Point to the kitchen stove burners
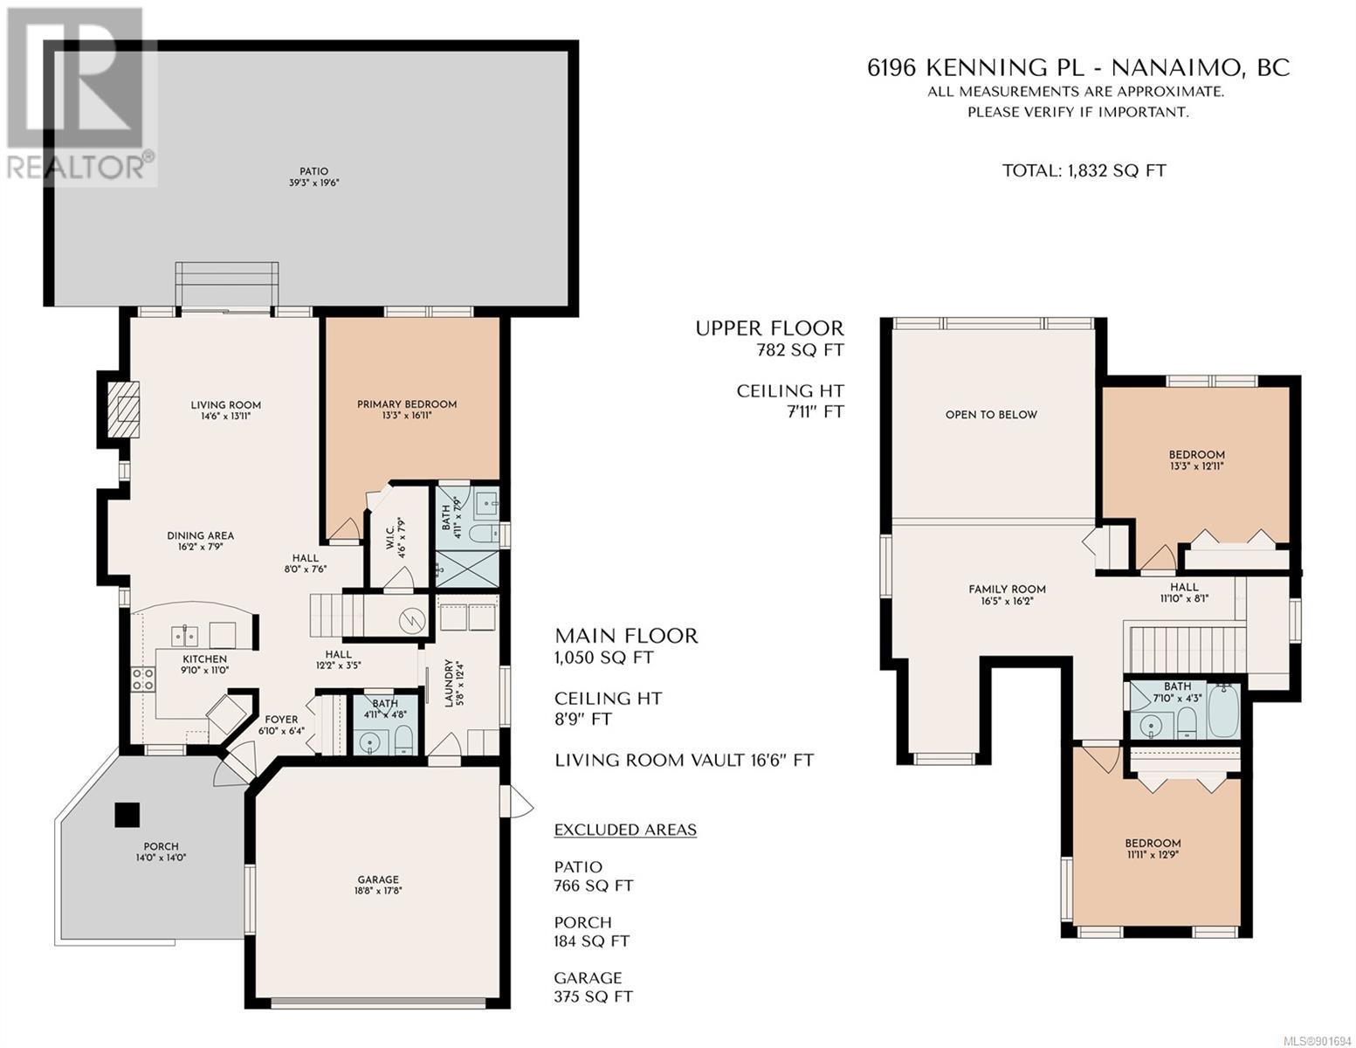click(143, 679)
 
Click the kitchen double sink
click(184, 636)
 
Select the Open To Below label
click(991, 415)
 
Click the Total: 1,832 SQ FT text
click(1084, 171)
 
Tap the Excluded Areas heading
click(625, 830)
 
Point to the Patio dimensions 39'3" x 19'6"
click(313, 183)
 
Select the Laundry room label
click(453, 683)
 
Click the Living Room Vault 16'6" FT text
click(685, 761)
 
